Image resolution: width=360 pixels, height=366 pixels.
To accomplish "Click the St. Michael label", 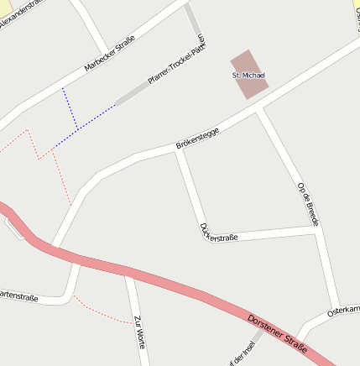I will click(x=248, y=76).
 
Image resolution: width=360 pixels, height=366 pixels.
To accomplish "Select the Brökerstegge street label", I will click(x=197, y=138).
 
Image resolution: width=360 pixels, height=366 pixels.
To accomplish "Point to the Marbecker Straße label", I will click(x=110, y=55).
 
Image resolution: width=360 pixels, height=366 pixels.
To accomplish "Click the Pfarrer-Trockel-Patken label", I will click(x=175, y=65).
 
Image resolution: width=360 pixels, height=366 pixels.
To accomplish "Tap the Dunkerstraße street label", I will click(x=219, y=233).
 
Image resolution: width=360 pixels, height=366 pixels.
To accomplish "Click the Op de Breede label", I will click(x=308, y=202).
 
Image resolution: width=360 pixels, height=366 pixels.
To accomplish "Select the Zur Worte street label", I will click(x=139, y=332).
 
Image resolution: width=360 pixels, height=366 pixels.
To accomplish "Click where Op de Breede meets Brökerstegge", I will click(x=259, y=108).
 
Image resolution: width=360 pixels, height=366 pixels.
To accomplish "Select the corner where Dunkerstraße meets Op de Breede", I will click(x=316, y=228).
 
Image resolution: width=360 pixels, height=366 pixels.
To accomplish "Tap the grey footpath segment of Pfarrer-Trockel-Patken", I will click(x=134, y=94).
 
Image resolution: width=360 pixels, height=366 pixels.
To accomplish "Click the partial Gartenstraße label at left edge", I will click(x=18, y=295).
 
